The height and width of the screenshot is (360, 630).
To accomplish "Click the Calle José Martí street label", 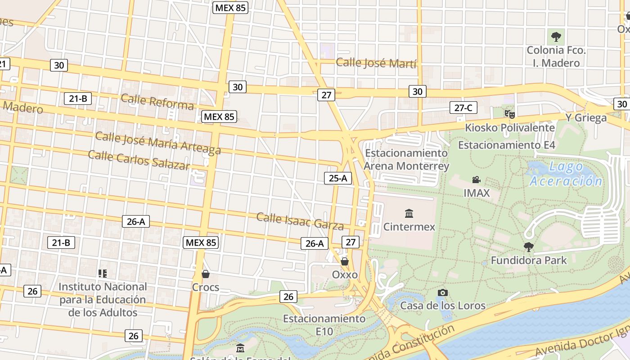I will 376,63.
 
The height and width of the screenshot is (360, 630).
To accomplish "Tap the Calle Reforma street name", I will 157,102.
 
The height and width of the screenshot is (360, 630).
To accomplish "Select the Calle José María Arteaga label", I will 158,143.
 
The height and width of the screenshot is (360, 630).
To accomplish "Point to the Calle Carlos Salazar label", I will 139,160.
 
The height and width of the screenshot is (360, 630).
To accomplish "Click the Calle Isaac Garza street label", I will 300,221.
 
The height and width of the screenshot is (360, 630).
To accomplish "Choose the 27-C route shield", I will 463,108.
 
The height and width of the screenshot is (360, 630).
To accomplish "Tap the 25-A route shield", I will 337,178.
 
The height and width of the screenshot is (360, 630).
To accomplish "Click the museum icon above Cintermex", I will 409,213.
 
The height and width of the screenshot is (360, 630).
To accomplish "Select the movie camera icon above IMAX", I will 476,180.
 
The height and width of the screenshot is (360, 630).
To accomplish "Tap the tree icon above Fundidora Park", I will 529,247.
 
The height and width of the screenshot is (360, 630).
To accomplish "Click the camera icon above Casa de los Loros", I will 442,292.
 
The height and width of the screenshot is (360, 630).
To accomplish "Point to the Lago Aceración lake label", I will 566,174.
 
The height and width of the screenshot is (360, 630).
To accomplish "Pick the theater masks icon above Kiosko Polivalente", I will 509,114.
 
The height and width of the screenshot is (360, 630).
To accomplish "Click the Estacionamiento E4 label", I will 506,145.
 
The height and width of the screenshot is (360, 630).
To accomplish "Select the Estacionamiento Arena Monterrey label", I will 406,159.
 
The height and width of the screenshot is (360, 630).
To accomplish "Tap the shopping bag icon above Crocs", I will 206,274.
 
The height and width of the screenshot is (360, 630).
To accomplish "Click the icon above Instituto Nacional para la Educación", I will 103,273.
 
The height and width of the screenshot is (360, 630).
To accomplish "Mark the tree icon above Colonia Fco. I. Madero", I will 556,36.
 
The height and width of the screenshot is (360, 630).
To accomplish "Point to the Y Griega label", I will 586,118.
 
